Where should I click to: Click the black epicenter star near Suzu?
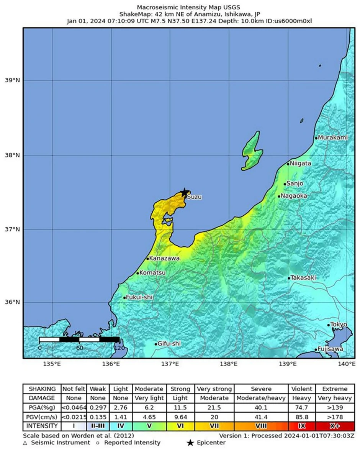[185, 192]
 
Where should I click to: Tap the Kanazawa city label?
[164, 259]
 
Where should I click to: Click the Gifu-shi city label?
[169, 344]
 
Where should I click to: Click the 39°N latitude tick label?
[12, 80]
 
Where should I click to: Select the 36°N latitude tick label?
[12, 302]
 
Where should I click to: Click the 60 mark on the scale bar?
[80, 348]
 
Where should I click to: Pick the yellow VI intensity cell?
[180, 426]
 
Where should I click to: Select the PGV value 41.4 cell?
[262, 416]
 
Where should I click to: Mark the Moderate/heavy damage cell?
[262, 398]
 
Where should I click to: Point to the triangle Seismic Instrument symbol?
[25, 443]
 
